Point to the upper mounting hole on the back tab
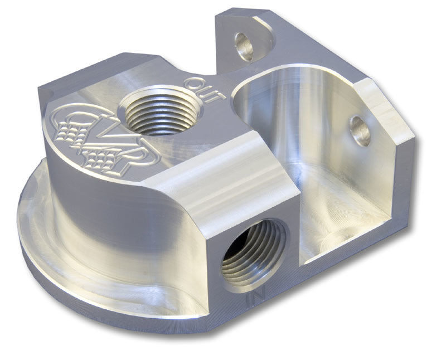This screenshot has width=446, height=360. (x=244, y=46)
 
